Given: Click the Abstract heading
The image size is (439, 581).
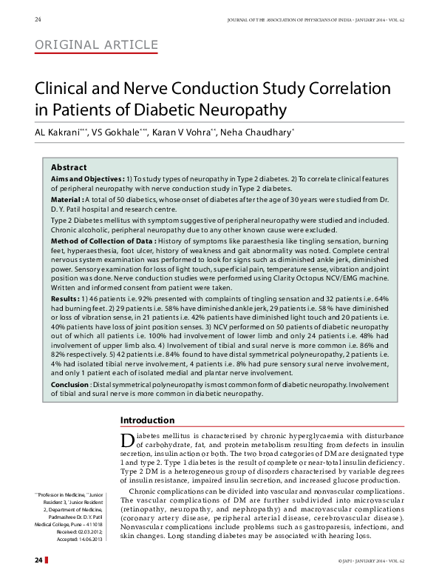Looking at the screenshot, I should [x=68, y=167].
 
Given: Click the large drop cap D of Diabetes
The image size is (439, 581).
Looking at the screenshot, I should [x=126, y=440].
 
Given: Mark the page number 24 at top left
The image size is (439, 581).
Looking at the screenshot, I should [x=38, y=18].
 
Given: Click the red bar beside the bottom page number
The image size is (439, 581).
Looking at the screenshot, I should [x=48, y=561].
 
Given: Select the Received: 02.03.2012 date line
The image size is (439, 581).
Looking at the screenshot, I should [x=86, y=531].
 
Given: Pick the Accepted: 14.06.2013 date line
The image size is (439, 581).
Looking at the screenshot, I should [x=86, y=538].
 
